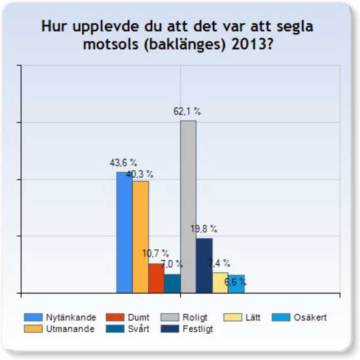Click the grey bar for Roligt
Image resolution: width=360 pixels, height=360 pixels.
(x=188, y=206)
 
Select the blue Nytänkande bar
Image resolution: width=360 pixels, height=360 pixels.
(x=124, y=232)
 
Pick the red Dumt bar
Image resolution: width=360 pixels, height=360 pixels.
(x=156, y=278)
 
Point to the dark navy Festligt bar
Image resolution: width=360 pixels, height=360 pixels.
(x=204, y=266)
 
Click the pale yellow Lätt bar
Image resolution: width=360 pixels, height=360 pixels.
(x=220, y=283)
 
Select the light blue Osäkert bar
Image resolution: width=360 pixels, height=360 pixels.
(x=236, y=284)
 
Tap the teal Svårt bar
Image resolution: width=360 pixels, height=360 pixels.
(x=172, y=284)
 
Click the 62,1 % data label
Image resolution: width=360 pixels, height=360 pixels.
(x=187, y=112)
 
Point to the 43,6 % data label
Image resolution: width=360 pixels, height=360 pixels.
(x=124, y=163)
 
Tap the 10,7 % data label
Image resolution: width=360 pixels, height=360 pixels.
(x=156, y=254)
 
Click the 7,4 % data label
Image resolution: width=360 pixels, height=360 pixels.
(x=219, y=263)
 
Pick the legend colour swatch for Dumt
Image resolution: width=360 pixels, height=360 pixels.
(x=115, y=318)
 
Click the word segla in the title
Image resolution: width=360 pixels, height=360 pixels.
(x=292, y=27)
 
